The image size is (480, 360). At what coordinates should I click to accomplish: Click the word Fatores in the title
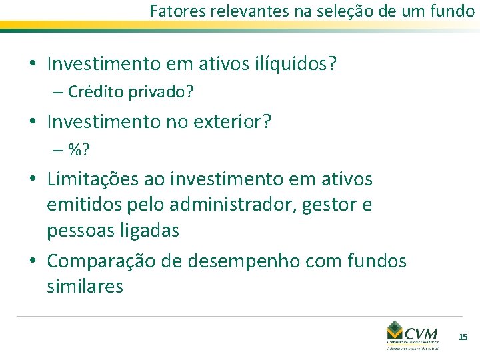(172, 11)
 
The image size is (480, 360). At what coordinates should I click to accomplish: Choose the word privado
(161, 92)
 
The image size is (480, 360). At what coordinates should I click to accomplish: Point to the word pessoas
(77, 231)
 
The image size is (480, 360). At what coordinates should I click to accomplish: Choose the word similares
(85, 287)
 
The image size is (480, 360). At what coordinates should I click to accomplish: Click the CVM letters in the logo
(421, 331)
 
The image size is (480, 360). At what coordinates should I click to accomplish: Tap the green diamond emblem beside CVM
(395, 331)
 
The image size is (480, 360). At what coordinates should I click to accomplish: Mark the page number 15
(463, 337)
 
